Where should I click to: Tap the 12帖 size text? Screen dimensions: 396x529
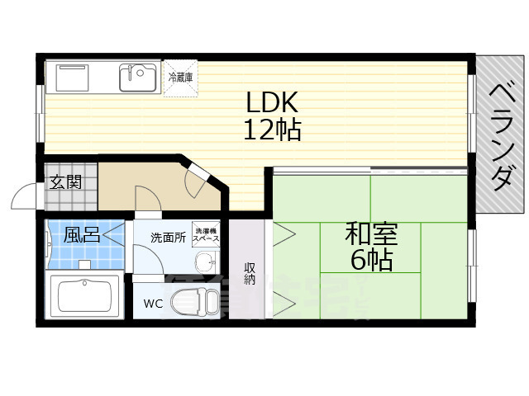coord(271,130)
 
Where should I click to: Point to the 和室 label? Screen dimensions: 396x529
coord(372,233)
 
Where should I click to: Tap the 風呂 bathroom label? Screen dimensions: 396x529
coord(82,235)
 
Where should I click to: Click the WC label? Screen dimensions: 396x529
coord(154,303)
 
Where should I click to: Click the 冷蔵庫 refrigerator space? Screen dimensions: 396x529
coord(181,78)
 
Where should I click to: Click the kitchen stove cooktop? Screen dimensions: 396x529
coord(78,78)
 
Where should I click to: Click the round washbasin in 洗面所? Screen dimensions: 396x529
coord(204,263)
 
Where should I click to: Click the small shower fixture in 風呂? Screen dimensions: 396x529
coord(83,264)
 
